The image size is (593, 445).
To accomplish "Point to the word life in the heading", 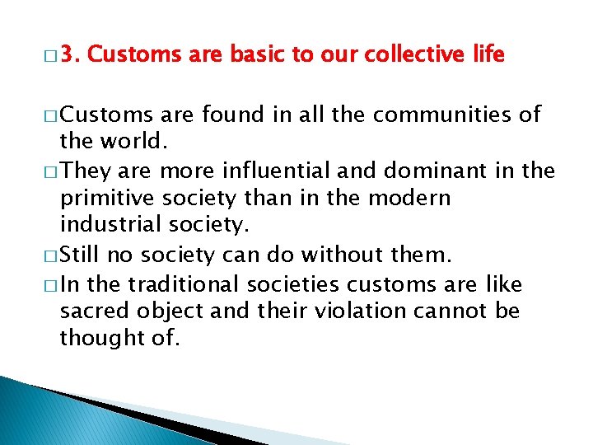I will (x=488, y=55).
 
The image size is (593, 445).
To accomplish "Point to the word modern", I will (x=411, y=199).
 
